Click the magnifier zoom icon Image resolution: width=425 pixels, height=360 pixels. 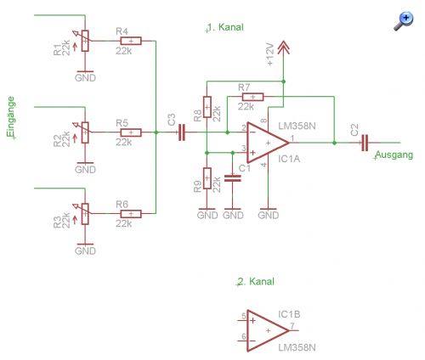click(404, 21)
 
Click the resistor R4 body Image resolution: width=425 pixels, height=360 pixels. click(131, 41)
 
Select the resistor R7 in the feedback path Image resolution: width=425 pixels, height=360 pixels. click(252, 97)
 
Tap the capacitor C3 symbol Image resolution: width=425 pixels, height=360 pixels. click(182, 132)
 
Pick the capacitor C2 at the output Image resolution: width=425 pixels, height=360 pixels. click(365, 143)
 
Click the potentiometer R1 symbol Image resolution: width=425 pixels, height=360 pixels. click(85, 41)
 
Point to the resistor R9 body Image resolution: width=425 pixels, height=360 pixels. click(207, 178)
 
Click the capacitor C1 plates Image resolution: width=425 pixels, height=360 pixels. click(233, 178)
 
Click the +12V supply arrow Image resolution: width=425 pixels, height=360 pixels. click(283, 48)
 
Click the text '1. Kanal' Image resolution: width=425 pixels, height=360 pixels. click(225, 27)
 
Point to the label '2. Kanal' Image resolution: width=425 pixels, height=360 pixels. click(256, 282)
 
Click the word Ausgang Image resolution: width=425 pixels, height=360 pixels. click(394, 155)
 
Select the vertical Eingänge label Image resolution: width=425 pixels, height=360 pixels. click(11, 116)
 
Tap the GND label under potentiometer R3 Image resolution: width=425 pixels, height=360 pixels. click(85, 250)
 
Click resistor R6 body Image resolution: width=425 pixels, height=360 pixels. click(131, 214)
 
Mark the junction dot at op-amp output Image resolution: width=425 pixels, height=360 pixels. click(334, 143)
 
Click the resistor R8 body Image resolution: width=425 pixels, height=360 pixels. click(207, 107)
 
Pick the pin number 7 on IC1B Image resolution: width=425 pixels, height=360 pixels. click(292, 326)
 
